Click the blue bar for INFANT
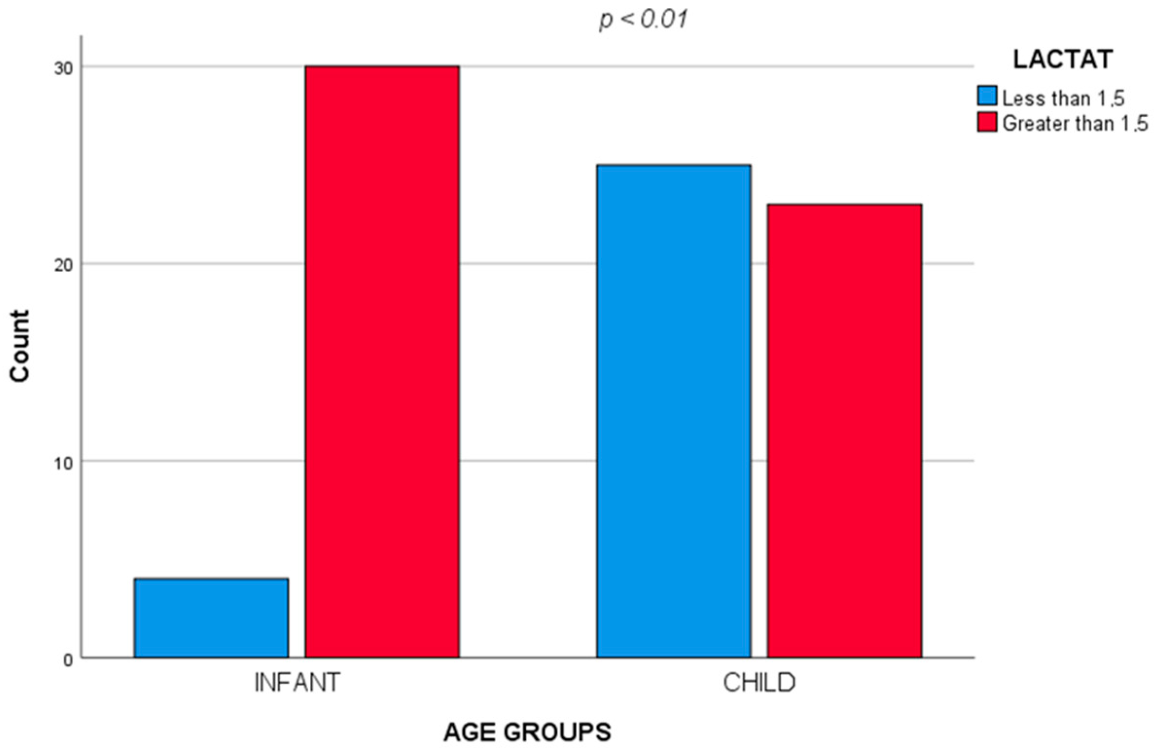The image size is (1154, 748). point(212,618)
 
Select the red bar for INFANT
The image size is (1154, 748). point(382,362)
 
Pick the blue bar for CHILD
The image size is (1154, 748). point(674,411)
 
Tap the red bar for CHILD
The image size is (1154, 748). point(845,431)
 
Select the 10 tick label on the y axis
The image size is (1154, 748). point(64,463)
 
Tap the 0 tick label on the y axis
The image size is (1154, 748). point(69,660)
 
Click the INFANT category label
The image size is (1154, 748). point(297,683)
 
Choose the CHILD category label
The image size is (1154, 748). point(759,683)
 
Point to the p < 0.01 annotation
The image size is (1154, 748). point(643,20)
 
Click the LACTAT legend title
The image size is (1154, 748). point(1063,60)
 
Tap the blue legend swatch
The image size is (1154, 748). point(987,96)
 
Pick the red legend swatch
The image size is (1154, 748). point(987,122)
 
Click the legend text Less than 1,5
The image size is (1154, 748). point(1063,99)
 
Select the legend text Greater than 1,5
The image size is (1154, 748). point(1075,123)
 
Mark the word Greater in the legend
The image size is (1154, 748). point(1033,123)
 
